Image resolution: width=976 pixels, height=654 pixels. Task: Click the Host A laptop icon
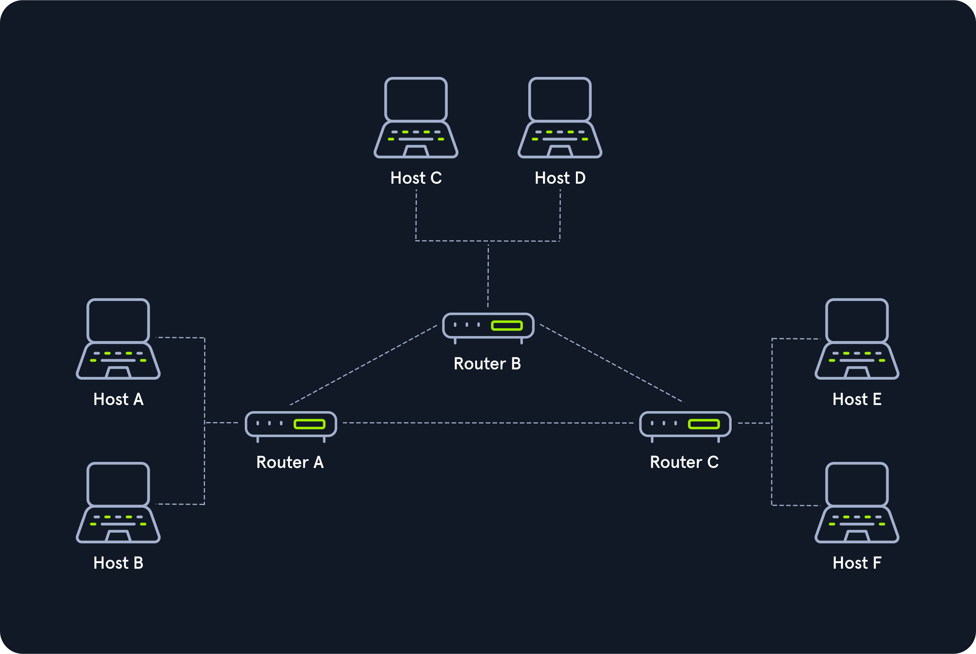[x=118, y=339]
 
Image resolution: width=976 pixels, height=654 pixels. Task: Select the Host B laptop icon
[x=118, y=502]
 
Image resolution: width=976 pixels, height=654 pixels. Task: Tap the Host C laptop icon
[x=416, y=117]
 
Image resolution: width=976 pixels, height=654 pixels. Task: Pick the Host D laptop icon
[x=560, y=117]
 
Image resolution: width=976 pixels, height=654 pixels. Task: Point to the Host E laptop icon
[x=857, y=339]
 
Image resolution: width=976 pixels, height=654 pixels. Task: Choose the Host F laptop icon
[x=857, y=502]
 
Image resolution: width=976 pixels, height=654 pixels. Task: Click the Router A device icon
[x=291, y=427]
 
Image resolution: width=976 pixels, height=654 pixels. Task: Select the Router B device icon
[x=488, y=328]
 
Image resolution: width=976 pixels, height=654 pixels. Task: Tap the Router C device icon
[x=685, y=427]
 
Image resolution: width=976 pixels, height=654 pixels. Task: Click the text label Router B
[x=487, y=364]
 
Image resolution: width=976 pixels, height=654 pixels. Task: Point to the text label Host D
[x=560, y=178]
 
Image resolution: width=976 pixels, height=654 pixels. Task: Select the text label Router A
[x=290, y=462]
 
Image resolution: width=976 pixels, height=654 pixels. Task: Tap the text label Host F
[x=857, y=563]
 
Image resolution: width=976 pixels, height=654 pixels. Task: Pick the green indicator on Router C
[x=704, y=424]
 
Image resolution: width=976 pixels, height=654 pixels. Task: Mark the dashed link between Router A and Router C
[x=488, y=423]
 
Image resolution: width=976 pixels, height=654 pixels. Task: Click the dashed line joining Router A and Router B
[x=363, y=365]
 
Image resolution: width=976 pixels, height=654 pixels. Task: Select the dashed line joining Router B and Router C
[x=612, y=363]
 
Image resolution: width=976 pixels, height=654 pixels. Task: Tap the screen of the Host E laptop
[x=857, y=320]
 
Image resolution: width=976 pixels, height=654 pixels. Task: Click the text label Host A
[x=119, y=399]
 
